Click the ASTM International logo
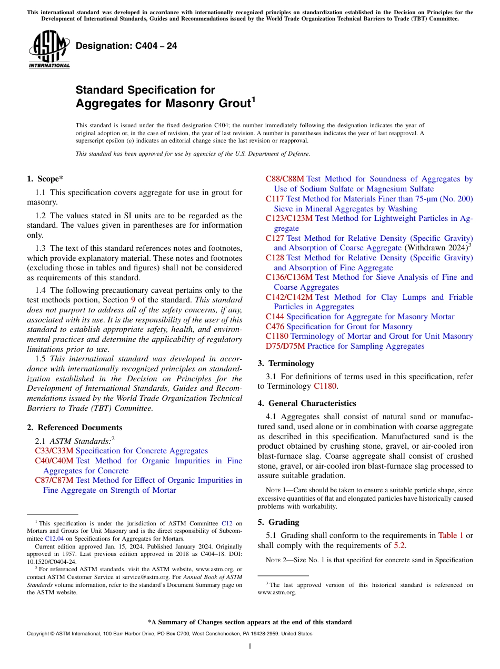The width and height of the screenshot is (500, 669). pyautogui.click(x=49, y=49)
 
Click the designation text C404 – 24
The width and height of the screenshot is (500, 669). pyautogui.click(x=126, y=46)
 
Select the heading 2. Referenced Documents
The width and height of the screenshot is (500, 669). pyautogui.click(x=75, y=428)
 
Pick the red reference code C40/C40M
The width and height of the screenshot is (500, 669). pyautogui.click(x=54, y=461)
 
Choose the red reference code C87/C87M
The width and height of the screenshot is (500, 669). pyautogui.click(x=54, y=480)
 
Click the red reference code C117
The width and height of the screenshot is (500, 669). pyautogui.click(x=275, y=199)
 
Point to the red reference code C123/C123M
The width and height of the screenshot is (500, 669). pyautogui.click(x=289, y=218)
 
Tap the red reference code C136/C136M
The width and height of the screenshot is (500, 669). pyautogui.click(x=289, y=277)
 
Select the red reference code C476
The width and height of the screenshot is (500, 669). pyautogui.click(x=275, y=327)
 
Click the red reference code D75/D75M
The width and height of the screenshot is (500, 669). pyautogui.click(x=285, y=346)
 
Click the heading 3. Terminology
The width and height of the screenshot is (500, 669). pyautogui.click(x=286, y=363)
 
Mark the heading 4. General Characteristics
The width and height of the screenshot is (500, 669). pyautogui.click(x=307, y=403)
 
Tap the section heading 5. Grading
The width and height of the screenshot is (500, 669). pyautogui.click(x=278, y=522)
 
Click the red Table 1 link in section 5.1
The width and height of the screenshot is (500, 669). pyautogui.click(x=451, y=535)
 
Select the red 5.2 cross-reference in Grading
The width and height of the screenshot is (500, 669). pyautogui.click(x=400, y=545)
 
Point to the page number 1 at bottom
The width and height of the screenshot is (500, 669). pyautogui.click(x=250, y=646)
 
